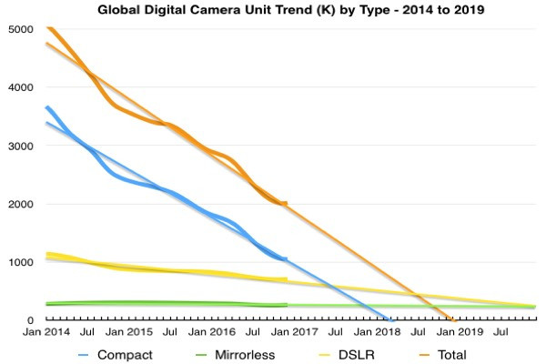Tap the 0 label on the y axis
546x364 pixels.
(x=29, y=320)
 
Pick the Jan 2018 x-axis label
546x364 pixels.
(x=376, y=334)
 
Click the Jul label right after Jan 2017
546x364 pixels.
(x=336, y=334)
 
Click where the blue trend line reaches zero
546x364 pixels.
(x=390, y=320)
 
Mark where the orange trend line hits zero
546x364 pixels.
(x=452, y=320)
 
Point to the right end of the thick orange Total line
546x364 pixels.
(x=286, y=204)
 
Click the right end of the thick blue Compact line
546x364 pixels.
(x=286, y=259)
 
